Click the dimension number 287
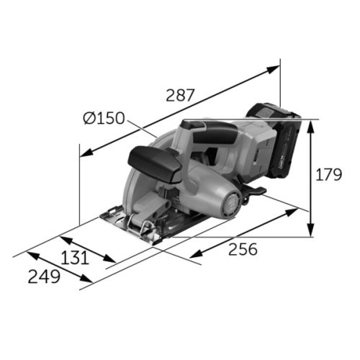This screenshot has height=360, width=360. coord(185,94)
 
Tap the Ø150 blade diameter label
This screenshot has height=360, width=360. coord(104,118)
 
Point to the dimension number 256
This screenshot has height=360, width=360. coord(243,249)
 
